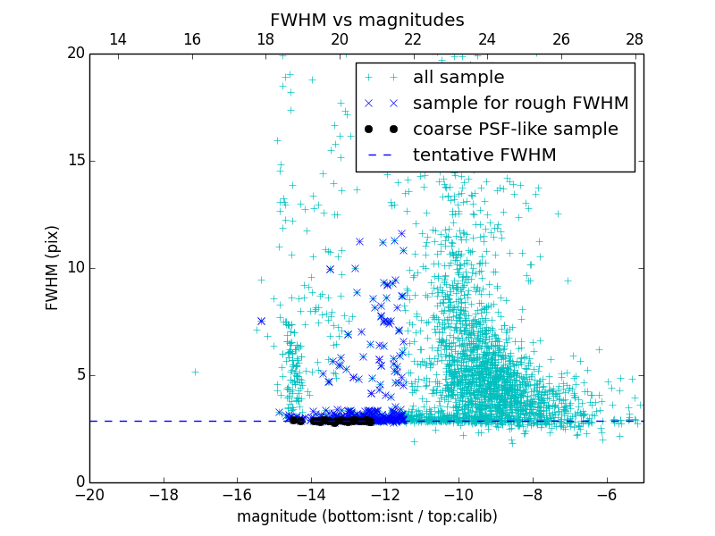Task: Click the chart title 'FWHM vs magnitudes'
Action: (366, 20)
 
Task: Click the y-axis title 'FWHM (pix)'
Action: (53, 268)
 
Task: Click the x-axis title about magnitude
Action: (366, 516)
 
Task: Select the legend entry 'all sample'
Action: (458, 78)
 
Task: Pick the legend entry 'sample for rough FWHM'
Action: (520, 104)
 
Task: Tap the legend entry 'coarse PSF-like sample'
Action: (515, 130)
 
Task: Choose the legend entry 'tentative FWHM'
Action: (484, 155)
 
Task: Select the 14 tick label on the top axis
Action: (117, 39)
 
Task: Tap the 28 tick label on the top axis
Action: (635, 39)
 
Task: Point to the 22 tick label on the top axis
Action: (413, 39)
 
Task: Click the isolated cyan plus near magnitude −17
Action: (195, 372)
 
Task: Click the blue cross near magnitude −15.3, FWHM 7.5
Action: (261, 321)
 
